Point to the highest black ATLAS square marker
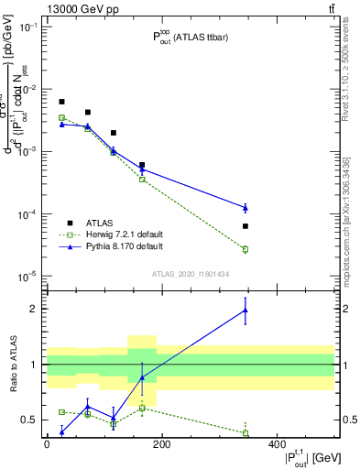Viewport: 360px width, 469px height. tap(61, 102)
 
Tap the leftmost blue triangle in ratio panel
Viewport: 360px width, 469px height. tap(61, 431)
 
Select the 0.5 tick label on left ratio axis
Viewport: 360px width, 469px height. tap(29, 420)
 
